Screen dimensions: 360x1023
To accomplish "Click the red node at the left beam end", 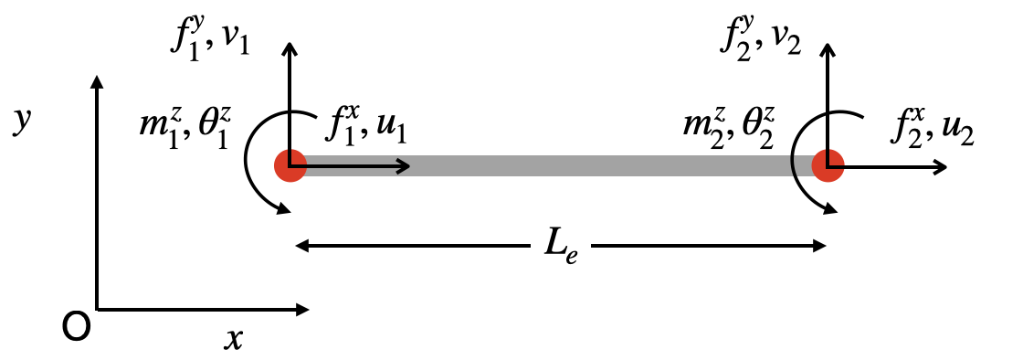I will coord(290,166).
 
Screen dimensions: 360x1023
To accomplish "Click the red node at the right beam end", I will coord(828,166).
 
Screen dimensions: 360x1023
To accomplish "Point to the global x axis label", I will coord(235,338).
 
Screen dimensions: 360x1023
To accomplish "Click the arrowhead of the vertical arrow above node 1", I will coord(290,48).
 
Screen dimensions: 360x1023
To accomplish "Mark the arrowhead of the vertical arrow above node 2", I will coord(828,48).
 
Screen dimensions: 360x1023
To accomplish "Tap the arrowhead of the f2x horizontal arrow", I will coord(941,166).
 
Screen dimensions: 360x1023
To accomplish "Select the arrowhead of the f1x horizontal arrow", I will coord(405,166).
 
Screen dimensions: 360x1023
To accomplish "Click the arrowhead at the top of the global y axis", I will coord(96,80).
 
